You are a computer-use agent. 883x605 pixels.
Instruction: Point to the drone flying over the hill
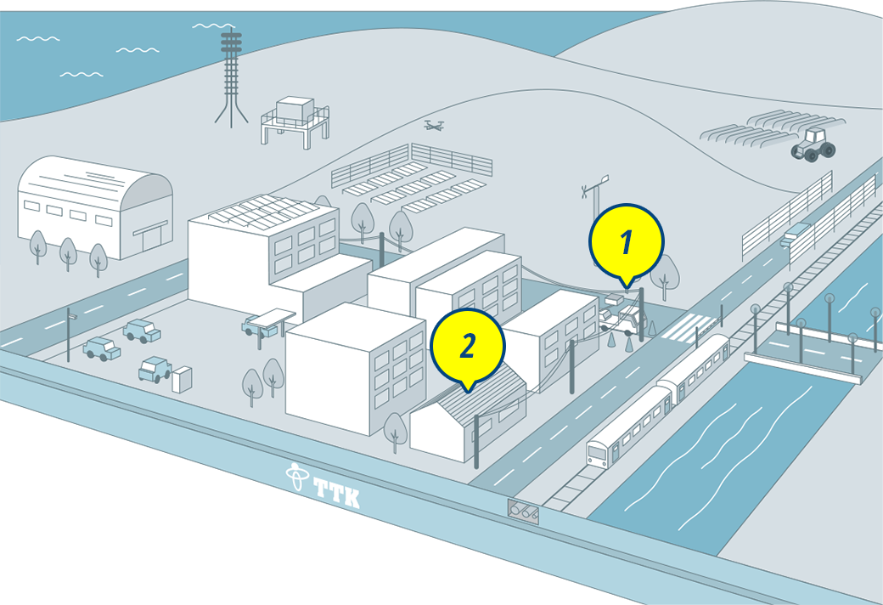[434, 125]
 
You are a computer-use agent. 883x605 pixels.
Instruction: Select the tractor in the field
[813, 145]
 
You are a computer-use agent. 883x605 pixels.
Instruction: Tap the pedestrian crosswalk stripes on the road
[689, 328]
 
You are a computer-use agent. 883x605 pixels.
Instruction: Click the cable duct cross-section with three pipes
[523, 512]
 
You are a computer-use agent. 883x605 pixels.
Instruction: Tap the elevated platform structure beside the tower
[295, 122]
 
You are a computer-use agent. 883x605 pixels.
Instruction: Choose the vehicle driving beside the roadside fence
[795, 234]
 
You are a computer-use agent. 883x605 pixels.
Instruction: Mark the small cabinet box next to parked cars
[182, 380]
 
